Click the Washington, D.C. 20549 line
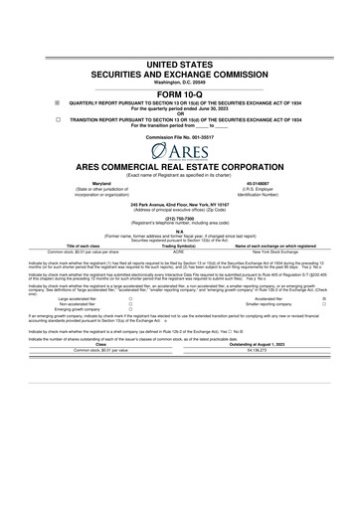(x=179, y=80)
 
